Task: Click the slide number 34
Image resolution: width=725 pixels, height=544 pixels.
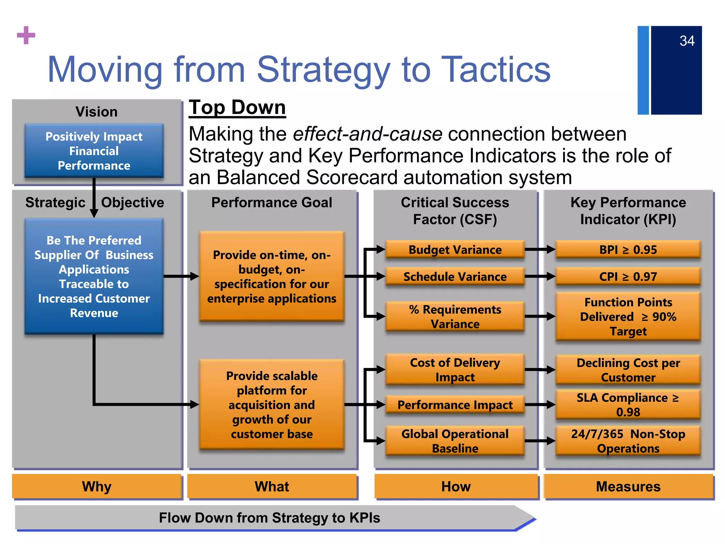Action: [x=687, y=41]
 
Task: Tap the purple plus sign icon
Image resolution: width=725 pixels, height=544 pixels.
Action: [x=26, y=35]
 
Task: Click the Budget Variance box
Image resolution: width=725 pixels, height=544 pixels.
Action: [x=455, y=250]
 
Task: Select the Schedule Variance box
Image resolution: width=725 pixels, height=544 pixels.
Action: [x=455, y=277]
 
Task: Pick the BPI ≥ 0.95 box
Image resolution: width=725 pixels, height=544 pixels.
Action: [x=628, y=250]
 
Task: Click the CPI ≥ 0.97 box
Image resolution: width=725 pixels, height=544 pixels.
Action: [x=628, y=277]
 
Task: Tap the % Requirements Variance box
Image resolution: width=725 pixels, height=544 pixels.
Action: [x=455, y=317]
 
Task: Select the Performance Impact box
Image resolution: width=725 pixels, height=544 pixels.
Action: [x=455, y=405]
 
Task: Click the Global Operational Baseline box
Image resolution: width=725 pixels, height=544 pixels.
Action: [x=455, y=441]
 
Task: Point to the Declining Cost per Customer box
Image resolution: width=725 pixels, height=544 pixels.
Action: [x=628, y=370]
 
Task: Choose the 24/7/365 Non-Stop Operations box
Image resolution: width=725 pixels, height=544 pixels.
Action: [x=628, y=441]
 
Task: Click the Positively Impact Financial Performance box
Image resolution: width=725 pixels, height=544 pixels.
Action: [x=94, y=151]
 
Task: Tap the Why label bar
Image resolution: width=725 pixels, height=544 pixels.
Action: [x=97, y=486]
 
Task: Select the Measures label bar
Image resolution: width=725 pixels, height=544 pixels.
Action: [x=628, y=486]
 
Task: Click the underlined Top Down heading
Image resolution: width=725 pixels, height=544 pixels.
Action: [x=237, y=107]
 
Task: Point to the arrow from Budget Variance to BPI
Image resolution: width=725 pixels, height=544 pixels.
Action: [x=540, y=249]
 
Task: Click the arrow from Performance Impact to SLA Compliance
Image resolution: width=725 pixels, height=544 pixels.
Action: [x=540, y=404]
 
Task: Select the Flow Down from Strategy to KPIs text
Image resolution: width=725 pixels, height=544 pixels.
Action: [x=269, y=518]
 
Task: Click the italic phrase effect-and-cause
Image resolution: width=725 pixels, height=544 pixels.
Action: [x=367, y=134]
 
